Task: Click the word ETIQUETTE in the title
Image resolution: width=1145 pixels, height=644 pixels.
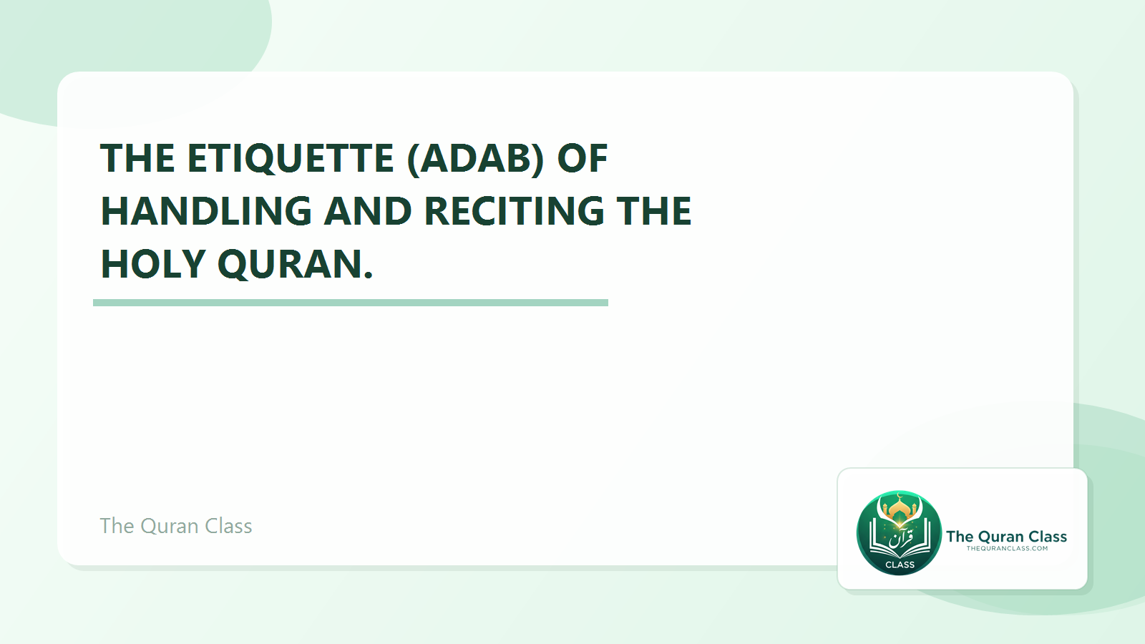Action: point(290,158)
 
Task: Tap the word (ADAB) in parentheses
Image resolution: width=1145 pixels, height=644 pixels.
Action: point(475,158)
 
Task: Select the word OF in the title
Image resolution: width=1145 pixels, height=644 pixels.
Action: point(582,158)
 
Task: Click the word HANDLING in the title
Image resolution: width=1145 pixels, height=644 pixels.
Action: point(206,211)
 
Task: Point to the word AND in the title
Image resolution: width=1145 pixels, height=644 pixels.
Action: point(368,211)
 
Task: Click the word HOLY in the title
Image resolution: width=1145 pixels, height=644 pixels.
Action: point(153,264)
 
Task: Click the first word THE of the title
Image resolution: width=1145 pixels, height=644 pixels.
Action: point(137,158)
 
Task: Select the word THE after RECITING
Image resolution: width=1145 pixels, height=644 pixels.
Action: point(654,211)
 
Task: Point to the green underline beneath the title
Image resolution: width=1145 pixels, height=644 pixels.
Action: point(351,303)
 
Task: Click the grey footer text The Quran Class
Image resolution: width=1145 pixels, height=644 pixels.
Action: point(176,526)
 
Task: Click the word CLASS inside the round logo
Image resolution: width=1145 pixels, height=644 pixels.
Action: point(900,565)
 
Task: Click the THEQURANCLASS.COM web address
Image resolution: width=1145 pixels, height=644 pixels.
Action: point(1007,549)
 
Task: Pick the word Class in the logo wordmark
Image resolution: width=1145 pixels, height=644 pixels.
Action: point(1048,537)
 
